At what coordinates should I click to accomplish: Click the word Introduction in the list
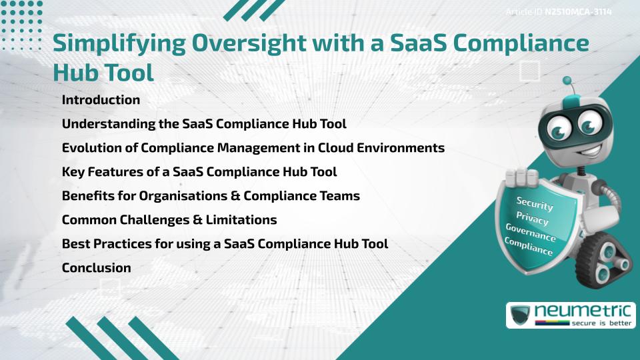[101, 100]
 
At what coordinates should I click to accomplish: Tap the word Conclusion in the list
[96, 268]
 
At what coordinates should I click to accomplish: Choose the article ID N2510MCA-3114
[578, 12]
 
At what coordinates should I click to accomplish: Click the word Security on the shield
[535, 203]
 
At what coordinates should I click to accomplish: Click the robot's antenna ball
[567, 81]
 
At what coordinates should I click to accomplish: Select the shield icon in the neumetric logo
[519, 315]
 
